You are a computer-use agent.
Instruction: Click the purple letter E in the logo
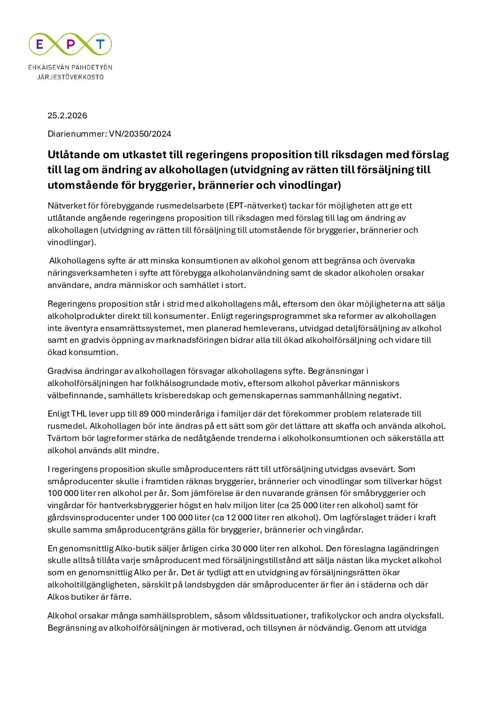[x=40, y=44]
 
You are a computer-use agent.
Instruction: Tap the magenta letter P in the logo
[x=70, y=44]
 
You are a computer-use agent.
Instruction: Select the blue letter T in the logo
[x=100, y=44]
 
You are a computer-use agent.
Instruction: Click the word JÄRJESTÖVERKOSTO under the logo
[x=70, y=77]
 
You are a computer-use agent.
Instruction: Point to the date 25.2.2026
[x=67, y=116]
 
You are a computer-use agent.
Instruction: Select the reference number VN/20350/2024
[x=140, y=134]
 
